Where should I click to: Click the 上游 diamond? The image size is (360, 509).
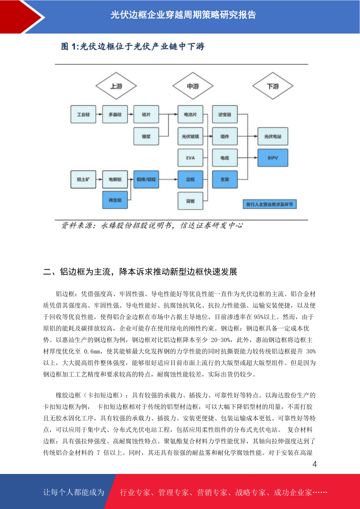click(x=116, y=86)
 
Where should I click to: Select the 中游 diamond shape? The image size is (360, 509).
click(x=193, y=86)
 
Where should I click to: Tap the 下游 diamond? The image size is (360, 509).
click(x=273, y=86)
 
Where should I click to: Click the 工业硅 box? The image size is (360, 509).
click(x=83, y=114)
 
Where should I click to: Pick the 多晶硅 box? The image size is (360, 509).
click(x=115, y=114)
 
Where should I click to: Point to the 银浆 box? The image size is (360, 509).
click(x=146, y=136)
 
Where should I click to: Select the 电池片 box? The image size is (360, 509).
click(x=190, y=114)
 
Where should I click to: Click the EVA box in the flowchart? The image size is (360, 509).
click(x=190, y=158)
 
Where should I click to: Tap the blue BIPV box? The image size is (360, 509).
click(x=273, y=158)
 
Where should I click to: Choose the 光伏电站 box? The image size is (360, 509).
click(x=273, y=136)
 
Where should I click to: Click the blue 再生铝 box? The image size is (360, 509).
click(x=115, y=200)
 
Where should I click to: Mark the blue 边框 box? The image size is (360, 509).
click(x=190, y=179)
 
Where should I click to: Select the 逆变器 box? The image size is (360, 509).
click(x=225, y=114)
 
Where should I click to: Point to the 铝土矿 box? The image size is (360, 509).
click(x=83, y=179)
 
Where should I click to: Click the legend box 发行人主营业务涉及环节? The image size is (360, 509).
click(x=270, y=204)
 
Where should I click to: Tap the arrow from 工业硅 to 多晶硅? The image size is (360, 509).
click(x=99, y=114)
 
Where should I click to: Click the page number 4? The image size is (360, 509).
click(x=315, y=464)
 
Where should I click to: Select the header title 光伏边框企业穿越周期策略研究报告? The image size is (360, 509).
click(x=183, y=15)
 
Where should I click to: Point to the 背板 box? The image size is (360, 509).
click(x=190, y=201)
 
